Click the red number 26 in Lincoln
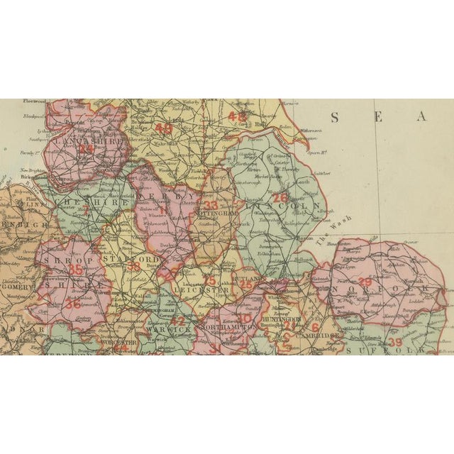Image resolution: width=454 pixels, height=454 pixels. tap(281, 198)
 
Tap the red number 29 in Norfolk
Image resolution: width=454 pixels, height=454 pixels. tap(365, 282)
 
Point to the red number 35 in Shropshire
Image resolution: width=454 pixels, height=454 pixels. tap(75, 270)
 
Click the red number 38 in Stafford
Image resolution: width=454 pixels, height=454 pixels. tap(133, 267)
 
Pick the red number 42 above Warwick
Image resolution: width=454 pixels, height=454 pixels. tap(178, 320)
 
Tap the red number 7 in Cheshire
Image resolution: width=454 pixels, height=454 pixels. tap(87, 210)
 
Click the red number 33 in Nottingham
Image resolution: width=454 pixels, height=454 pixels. tap(211, 206)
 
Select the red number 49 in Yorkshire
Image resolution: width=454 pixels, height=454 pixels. tap(164, 129)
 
